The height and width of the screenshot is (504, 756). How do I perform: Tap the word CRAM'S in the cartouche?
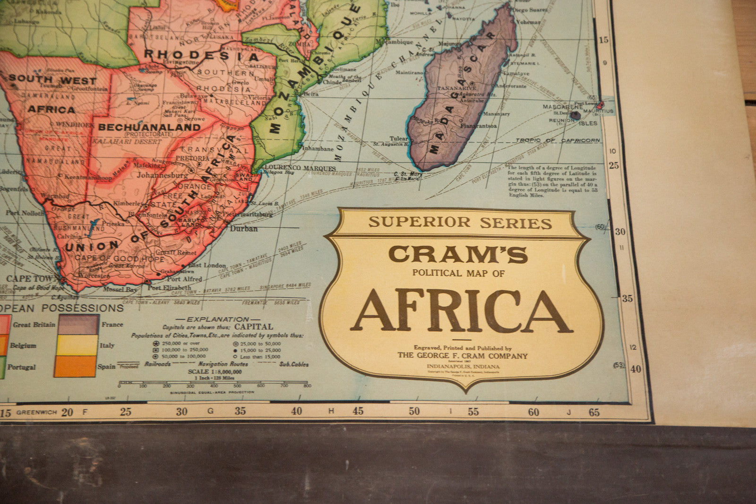coord(458,255)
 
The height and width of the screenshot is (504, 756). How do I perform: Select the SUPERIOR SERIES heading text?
coord(460,222)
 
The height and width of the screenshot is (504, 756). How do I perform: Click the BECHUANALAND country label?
coord(149,127)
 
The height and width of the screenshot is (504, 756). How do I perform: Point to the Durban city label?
coord(244,229)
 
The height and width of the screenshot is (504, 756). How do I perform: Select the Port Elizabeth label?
coord(169,288)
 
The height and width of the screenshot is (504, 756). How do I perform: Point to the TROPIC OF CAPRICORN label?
coord(558,140)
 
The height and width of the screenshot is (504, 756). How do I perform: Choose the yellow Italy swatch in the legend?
coord(77,345)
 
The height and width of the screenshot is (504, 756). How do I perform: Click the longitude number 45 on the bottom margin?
coord(358,411)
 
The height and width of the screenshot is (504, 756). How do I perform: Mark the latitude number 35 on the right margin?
coord(627,298)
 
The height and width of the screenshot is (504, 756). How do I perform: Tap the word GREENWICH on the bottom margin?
coord(36,412)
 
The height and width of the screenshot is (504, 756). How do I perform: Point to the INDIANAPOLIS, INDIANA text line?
coord(463,367)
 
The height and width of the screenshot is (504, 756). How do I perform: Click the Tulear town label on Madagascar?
coord(398,139)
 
